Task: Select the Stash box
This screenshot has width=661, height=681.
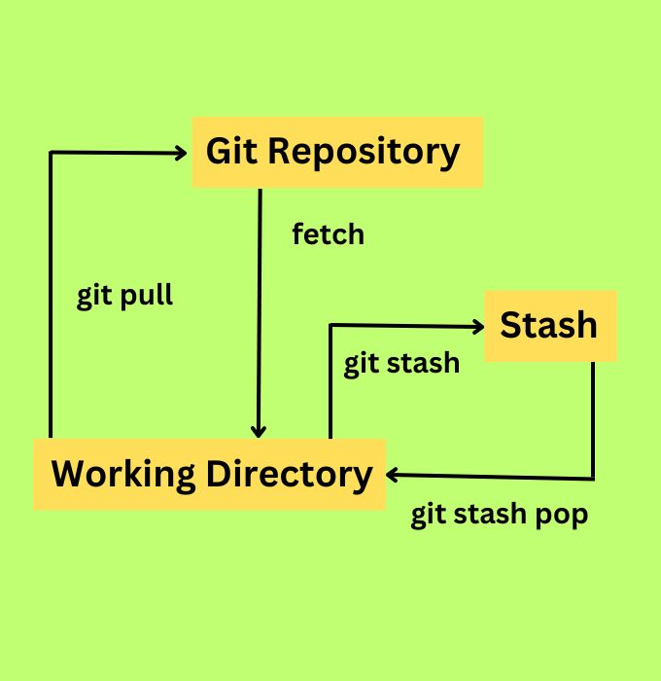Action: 550,326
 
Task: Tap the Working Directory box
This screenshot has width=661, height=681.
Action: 210,474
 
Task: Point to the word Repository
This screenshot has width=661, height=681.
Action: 365,153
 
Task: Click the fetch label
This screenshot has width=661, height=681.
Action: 328,234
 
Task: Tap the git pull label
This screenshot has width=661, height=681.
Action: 124,295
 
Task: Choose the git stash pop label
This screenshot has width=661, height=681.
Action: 499,514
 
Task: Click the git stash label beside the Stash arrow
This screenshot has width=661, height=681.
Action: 400,363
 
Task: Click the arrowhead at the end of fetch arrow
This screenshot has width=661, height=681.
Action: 260,431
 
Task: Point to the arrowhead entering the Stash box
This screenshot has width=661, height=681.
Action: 477,326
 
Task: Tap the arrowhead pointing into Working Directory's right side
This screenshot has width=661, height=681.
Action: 393,475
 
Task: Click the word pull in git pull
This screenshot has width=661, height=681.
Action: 146,295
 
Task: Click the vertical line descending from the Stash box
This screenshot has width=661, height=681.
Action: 593,418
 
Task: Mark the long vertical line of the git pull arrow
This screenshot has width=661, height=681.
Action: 50,292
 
